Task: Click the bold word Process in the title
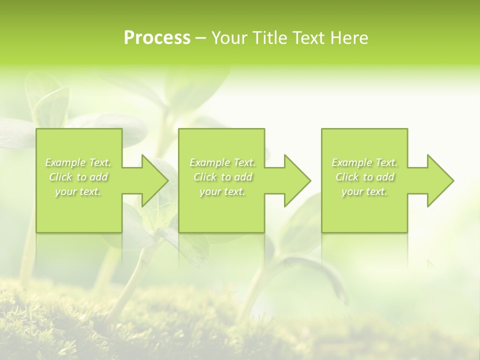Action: click(x=157, y=37)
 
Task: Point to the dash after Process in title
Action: click(x=200, y=38)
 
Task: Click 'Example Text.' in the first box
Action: click(x=78, y=162)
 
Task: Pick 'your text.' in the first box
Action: click(x=78, y=191)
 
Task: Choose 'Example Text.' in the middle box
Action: click(x=222, y=162)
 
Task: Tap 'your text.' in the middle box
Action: click(x=222, y=191)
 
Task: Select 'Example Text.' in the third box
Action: click(x=364, y=162)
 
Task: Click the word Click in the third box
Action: click(x=346, y=177)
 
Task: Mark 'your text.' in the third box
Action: click(x=364, y=191)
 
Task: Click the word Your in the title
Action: click(x=228, y=37)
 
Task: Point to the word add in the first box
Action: click(x=99, y=177)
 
